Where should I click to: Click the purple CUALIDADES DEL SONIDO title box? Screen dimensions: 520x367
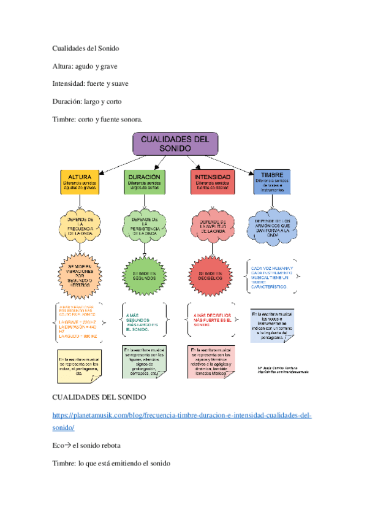point(175,144)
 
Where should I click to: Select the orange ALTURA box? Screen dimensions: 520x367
point(80,182)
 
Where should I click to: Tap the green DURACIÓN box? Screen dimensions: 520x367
point(145,182)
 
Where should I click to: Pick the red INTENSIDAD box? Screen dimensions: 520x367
point(212,182)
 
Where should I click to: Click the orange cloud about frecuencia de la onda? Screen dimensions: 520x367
point(80,226)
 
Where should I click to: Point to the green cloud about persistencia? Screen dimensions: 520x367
point(145,226)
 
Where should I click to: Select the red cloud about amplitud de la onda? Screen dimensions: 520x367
point(212,226)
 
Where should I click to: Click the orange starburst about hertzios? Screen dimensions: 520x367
point(80,273)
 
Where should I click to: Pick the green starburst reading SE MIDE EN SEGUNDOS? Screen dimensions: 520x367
point(145,273)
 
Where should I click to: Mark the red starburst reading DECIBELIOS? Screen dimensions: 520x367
point(212,273)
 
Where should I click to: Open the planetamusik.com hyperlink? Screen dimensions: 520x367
point(182,416)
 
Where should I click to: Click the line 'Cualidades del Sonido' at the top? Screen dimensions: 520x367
point(85,48)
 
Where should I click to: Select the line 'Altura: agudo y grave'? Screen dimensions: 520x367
point(85,66)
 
